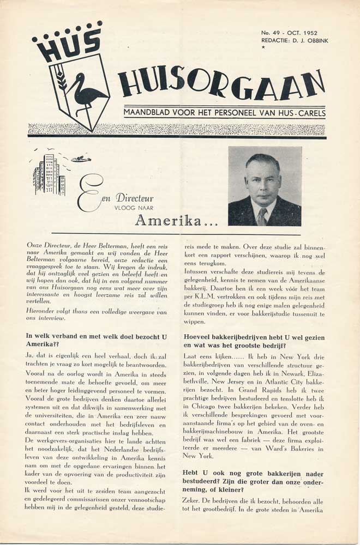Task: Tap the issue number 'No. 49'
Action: [x=271, y=33]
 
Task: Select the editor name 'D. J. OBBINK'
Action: [x=309, y=40]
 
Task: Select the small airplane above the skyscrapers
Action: [x=81, y=159]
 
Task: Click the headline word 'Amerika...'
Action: [x=169, y=220]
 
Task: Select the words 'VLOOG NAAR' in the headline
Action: [x=135, y=208]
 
